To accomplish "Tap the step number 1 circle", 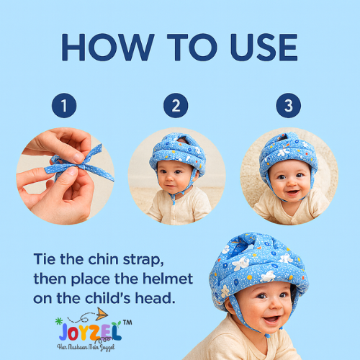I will pyautogui.click(x=64, y=107).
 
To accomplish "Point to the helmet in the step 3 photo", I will pyautogui.click(x=288, y=149).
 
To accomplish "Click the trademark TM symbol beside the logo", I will pyautogui.click(x=127, y=323).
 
